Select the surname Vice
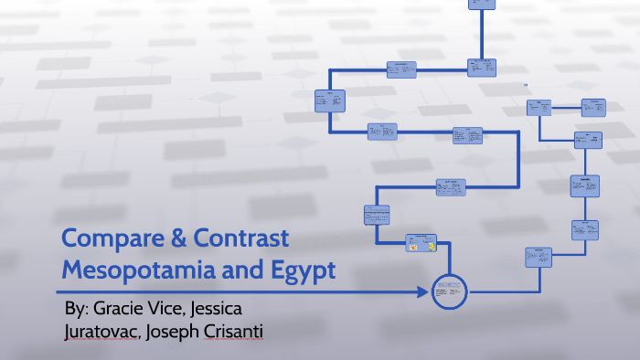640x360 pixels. [x=186, y=307]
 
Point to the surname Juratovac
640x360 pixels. [x=103, y=330]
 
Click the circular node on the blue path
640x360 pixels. [x=449, y=291]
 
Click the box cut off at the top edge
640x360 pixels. [x=481, y=4]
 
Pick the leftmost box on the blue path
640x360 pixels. [x=329, y=101]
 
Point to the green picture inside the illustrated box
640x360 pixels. [x=430, y=244]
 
